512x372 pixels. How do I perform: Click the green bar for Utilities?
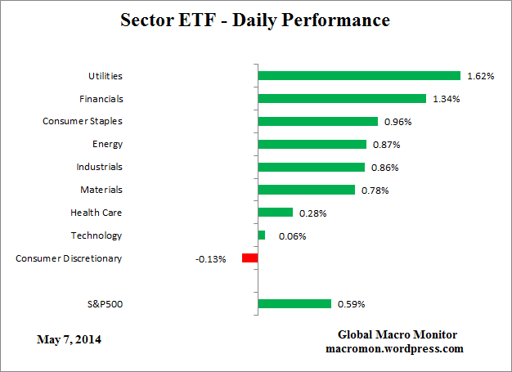[x=359, y=76]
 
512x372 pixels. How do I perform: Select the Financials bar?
[x=342, y=99]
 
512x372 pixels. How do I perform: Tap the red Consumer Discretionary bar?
[x=249, y=258]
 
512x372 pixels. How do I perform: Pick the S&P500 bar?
[x=294, y=304]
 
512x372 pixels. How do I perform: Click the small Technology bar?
[x=262, y=235]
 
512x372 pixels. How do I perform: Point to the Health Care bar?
[x=275, y=213]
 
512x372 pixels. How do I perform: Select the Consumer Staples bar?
[x=317, y=121]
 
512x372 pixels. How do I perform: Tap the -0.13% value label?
[x=210, y=259]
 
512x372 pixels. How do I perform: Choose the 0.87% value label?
[x=386, y=145]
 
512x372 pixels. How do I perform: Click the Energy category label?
[x=107, y=144]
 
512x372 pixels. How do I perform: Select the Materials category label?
[x=102, y=190]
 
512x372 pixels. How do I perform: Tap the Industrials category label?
[x=99, y=167]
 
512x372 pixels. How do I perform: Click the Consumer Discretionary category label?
[x=69, y=258]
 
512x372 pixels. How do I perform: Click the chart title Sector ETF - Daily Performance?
[x=256, y=19]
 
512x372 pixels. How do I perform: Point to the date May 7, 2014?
[x=70, y=338]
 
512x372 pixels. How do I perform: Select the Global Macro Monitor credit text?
[x=397, y=335]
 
